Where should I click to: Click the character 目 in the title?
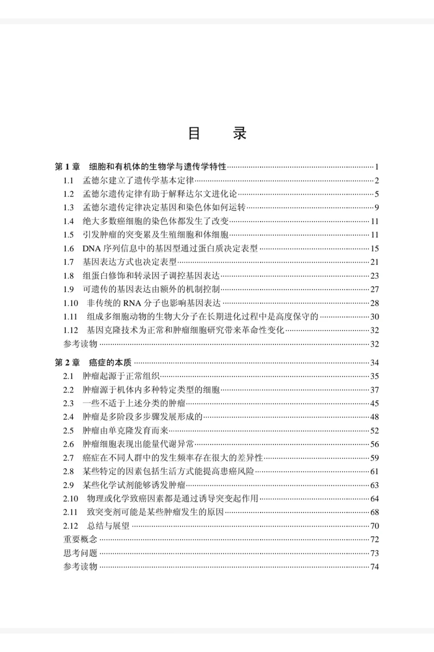pyautogui.click(x=194, y=134)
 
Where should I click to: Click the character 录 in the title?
pyautogui.click(x=240, y=134)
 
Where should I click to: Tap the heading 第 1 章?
pyautogui.click(x=68, y=167)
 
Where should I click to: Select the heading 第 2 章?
pyautogui.click(x=68, y=362)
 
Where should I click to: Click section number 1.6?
pyautogui.click(x=68, y=249)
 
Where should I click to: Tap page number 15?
pyautogui.click(x=375, y=249)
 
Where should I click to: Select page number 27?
pyautogui.click(x=375, y=289)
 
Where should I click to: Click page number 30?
pyautogui.click(x=375, y=317)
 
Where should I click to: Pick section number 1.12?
pyautogui.click(x=70, y=330)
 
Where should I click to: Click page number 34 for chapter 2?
pyautogui.click(x=375, y=362)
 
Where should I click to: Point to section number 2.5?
pyautogui.click(x=68, y=430)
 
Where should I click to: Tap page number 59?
pyautogui.click(x=375, y=458)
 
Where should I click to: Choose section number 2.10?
pyautogui.click(x=70, y=499)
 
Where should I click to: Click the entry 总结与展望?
pyautogui.click(x=108, y=526)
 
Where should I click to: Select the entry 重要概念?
pyautogui.click(x=80, y=539)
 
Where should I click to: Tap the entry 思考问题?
pyautogui.click(x=80, y=553)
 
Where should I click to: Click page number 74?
pyautogui.click(x=375, y=567)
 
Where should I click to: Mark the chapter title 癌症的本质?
pyautogui.click(x=110, y=362)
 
